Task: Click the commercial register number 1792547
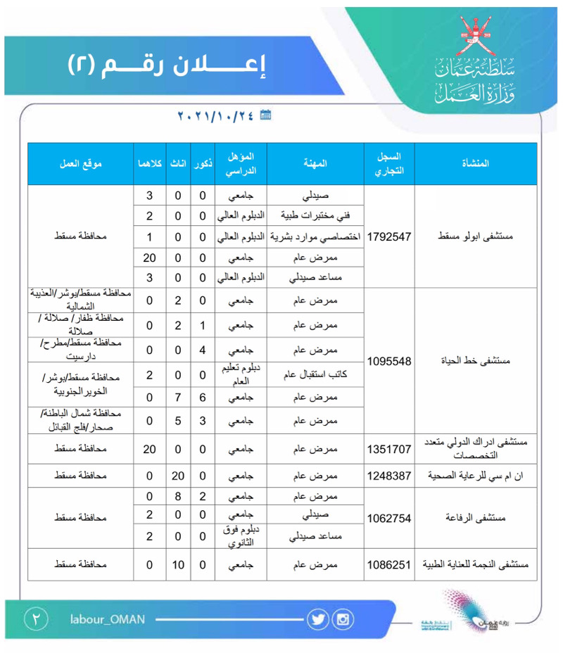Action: coord(389,237)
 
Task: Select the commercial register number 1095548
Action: coord(389,361)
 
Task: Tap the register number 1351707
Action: coord(389,447)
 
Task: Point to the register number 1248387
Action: coord(389,476)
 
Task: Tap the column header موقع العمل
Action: coord(80,163)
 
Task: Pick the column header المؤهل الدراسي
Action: coord(241,163)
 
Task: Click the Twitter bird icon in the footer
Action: coord(318,620)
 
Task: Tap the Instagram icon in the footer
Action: coord(343,620)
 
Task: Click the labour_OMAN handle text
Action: coord(107,619)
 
